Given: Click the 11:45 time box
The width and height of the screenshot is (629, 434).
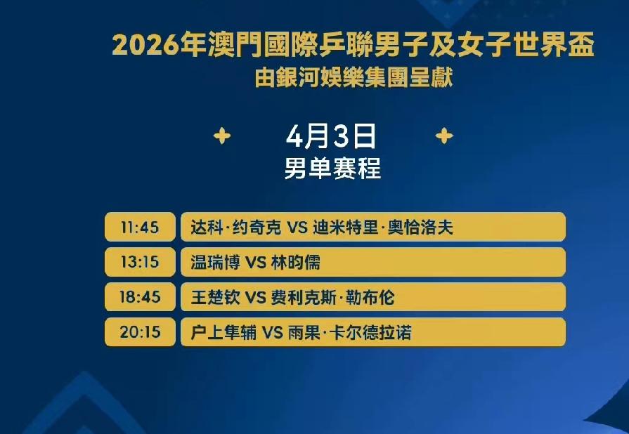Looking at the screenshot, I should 140,228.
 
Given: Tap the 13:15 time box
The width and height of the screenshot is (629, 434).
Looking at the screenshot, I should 140,263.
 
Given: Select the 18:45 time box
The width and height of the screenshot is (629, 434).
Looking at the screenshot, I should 140,297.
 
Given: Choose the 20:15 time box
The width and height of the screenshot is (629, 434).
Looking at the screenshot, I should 140,332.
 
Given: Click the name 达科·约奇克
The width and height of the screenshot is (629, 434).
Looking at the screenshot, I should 235,228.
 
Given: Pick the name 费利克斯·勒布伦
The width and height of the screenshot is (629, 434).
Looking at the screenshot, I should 333,297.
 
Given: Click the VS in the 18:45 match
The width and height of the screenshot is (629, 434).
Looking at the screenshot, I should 255,298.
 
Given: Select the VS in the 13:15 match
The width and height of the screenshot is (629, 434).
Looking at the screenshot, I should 255,263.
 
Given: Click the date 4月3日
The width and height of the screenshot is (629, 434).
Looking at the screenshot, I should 332,136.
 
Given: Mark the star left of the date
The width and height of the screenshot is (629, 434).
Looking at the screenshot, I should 221,136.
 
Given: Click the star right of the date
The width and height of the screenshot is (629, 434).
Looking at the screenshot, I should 444,136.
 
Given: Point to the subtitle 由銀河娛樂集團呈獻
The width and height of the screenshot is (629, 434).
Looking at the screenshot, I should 354,77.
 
